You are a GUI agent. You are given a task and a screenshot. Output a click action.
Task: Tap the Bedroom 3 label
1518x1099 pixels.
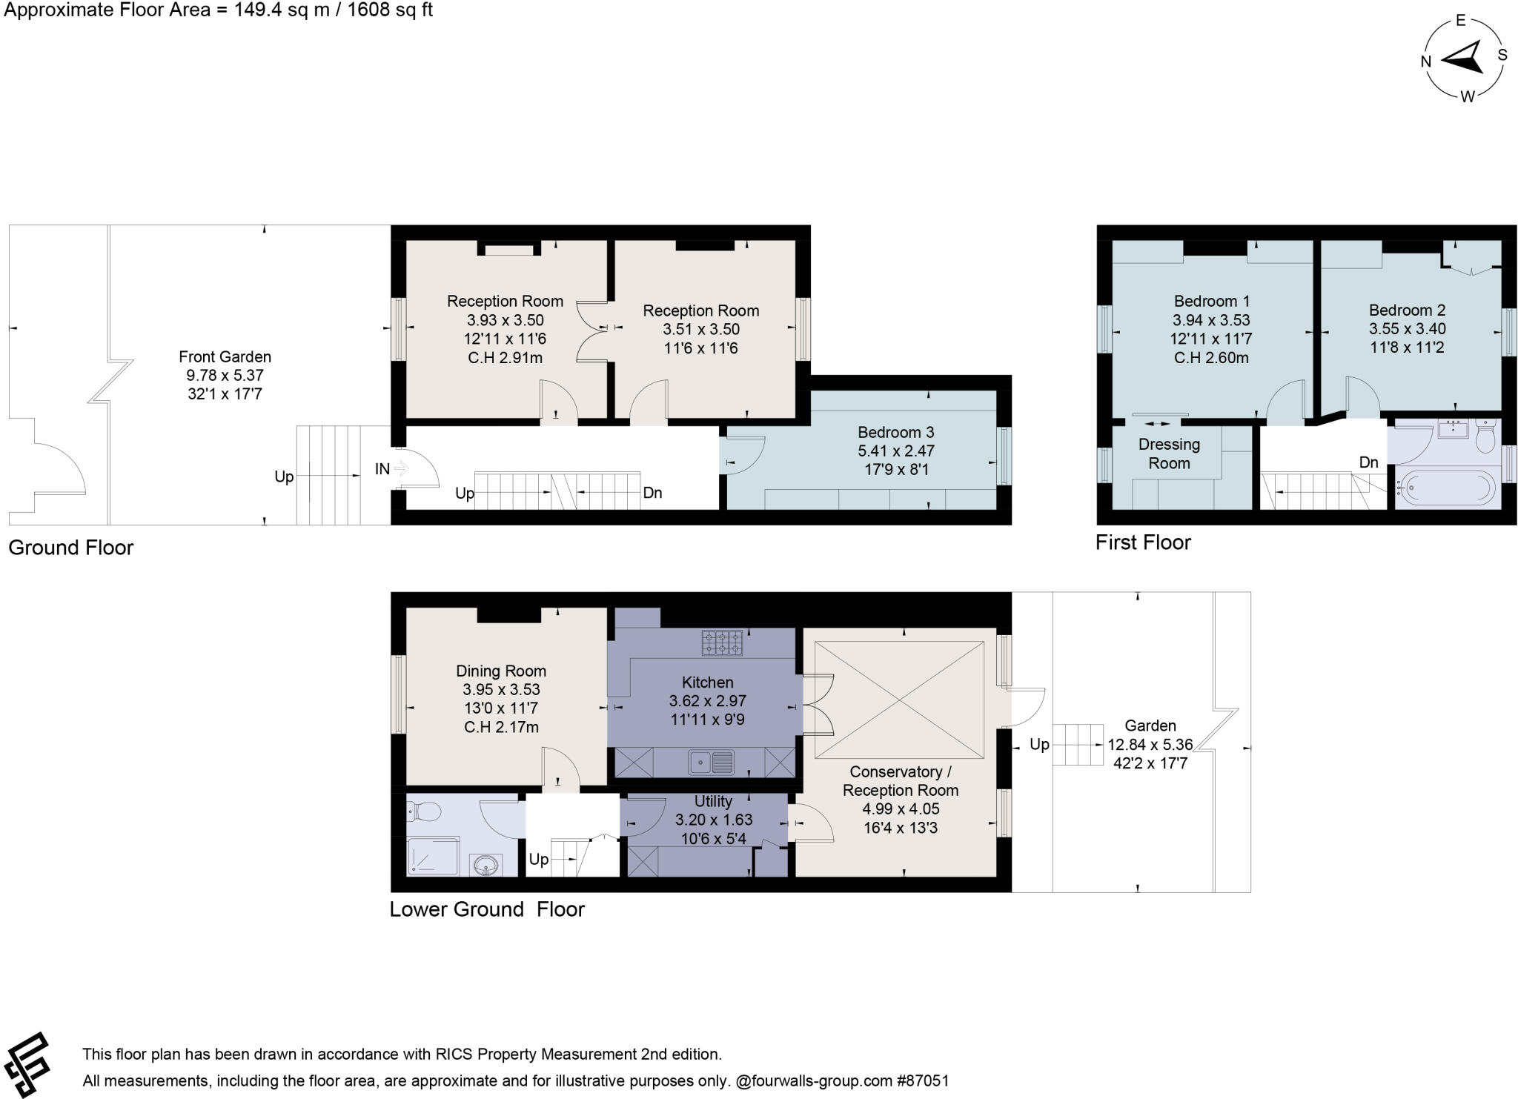895,432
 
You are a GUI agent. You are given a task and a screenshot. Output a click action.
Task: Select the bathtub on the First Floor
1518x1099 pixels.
1445,487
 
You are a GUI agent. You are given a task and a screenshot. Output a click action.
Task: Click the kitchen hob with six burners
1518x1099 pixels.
722,642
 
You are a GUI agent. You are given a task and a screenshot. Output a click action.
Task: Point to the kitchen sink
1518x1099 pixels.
711,762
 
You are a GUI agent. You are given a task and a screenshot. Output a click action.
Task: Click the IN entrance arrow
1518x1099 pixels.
401,468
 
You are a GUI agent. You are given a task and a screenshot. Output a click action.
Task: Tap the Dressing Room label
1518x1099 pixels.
1169,454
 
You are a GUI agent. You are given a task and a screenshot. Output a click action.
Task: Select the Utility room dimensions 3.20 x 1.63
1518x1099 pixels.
713,820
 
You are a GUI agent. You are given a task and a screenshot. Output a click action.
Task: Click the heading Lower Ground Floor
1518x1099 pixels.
487,909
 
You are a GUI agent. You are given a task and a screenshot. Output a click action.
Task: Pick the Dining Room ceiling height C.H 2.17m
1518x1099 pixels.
501,727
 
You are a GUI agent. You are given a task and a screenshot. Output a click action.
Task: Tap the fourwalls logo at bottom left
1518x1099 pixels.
26,1065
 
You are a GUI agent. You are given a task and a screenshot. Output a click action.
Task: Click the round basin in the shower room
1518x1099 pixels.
486,864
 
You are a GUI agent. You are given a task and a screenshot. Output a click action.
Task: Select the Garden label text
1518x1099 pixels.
1150,726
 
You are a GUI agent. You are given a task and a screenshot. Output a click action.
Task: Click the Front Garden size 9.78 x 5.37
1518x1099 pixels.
225,375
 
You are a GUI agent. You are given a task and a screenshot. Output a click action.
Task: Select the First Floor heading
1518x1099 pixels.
1143,542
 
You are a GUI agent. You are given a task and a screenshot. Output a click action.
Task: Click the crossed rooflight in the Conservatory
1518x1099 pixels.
899,700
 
